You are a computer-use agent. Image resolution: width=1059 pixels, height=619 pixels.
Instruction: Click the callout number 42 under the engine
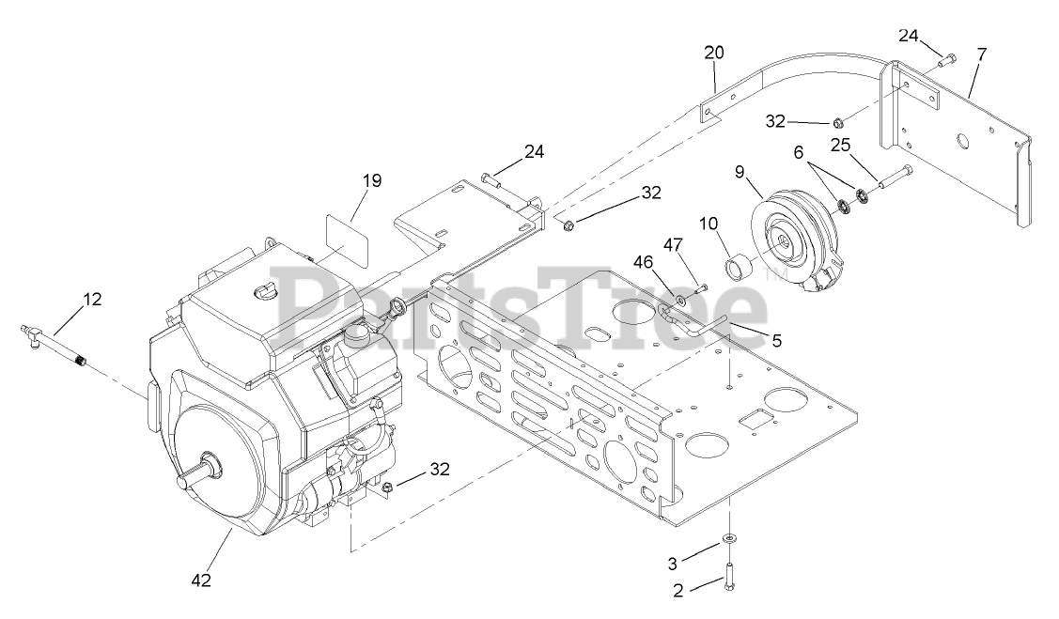pos(201,580)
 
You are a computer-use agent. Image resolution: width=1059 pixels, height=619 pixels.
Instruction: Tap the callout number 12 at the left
pos(91,300)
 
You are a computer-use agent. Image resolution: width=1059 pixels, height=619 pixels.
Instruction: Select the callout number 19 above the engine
pos(372,181)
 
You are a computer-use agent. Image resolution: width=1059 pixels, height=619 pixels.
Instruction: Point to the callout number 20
pos(714,54)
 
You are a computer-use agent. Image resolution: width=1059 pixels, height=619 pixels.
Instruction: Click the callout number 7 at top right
pos(982,54)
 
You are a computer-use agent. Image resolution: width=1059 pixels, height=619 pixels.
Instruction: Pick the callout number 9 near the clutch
pos(740,174)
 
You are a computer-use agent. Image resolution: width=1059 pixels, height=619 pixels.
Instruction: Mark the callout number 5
pos(776,341)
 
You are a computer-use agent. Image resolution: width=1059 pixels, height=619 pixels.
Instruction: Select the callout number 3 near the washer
pos(672,564)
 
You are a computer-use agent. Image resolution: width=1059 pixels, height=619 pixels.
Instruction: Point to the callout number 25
pos(839,145)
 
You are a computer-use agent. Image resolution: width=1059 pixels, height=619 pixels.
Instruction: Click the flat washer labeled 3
pos(729,538)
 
